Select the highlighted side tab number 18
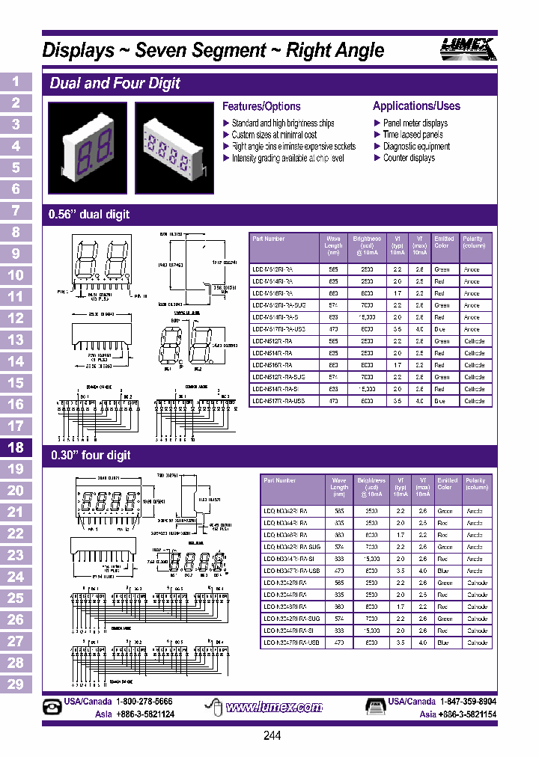pyautogui.click(x=16, y=447)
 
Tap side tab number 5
pyautogui.click(x=16, y=168)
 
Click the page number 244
pyautogui.click(x=272, y=735)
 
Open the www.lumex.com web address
pyautogui.click(x=273, y=707)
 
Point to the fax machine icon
pyautogui.click(x=375, y=706)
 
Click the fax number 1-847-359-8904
pyautogui.click(x=468, y=702)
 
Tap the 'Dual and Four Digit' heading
pyautogui.click(x=115, y=83)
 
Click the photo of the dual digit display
pyautogui.click(x=86, y=141)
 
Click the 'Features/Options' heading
pyautogui.click(x=261, y=106)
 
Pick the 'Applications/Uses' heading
pyautogui.click(x=416, y=106)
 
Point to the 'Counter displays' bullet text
pyautogui.click(x=409, y=158)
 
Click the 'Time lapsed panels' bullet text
pyautogui.click(x=412, y=135)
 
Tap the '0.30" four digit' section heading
pyautogui.click(x=91, y=455)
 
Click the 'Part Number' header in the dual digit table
pyautogui.click(x=269, y=239)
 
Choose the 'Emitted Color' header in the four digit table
pyautogui.click(x=447, y=483)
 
